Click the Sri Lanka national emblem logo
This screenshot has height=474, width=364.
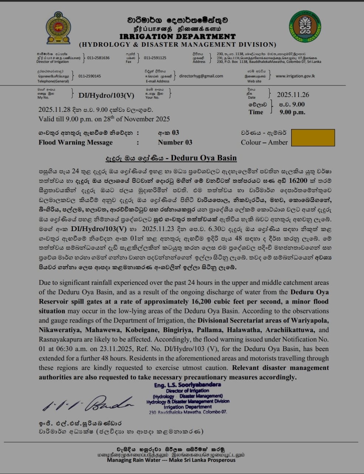(58, 28)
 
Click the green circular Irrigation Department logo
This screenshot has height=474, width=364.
(305, 26)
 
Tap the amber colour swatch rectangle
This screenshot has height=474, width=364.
(313, 137)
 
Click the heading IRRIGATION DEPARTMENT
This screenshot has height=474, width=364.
(177, 37)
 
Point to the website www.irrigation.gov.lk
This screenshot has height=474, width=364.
(295, 76)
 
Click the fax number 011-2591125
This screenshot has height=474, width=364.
(155, 58)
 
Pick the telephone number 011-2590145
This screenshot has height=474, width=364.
(89, 76)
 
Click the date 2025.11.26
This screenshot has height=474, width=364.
(293, 95)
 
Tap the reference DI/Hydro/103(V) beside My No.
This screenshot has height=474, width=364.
(106, 95)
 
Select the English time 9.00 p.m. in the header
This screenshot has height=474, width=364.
(292, 112)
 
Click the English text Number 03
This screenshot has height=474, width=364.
(175, 142)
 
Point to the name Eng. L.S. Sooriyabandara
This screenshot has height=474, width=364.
(187, 385)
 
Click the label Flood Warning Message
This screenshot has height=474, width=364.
(75, 142)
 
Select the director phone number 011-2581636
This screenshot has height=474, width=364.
(98, 58)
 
